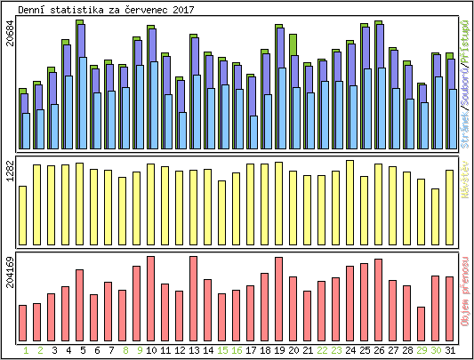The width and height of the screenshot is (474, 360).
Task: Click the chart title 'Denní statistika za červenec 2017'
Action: point(107,9)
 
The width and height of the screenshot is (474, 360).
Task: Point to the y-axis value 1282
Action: point(10,172)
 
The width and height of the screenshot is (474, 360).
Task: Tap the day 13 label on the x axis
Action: point(193,350)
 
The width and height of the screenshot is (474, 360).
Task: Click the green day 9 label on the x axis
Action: point(140,350)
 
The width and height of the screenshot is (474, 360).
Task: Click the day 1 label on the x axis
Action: point(26,350)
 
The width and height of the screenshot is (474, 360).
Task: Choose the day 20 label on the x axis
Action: point(293,350)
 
